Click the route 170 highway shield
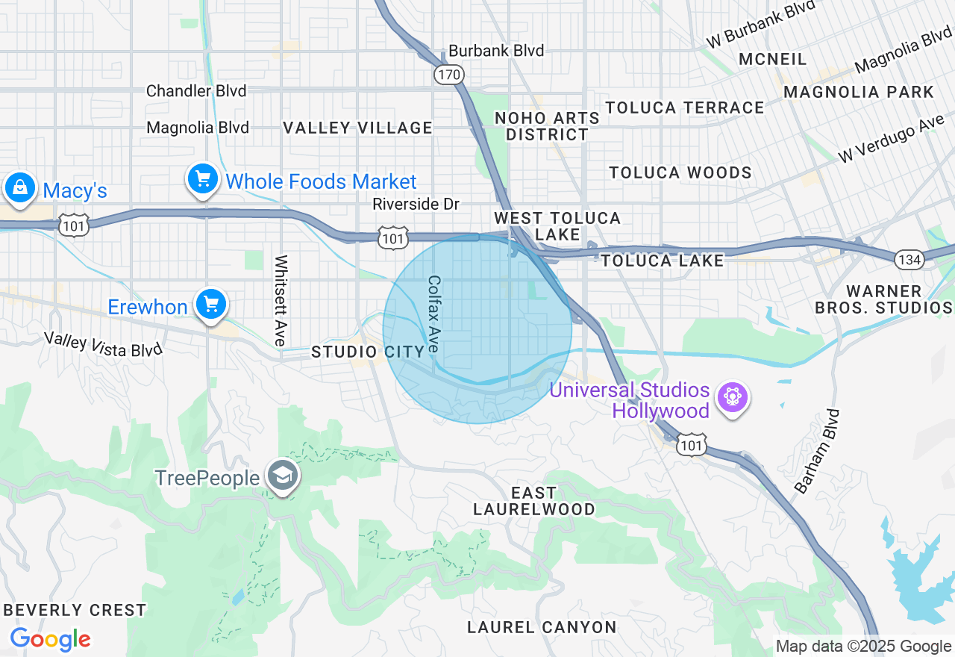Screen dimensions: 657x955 click(x=449, y=75)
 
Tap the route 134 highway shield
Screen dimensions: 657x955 click(x=909, y=259)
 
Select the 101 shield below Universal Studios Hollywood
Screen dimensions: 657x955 click(x=691, y=444)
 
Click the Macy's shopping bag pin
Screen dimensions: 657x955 click(x=20, y=187)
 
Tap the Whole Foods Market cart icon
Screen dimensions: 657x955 click(x=202, y=179)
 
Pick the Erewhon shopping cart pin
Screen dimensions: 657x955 click(x=211, y=304)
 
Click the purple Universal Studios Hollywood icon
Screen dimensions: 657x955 click(x=731, y=396)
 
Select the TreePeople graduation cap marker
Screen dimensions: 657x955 click(x=284, y=475)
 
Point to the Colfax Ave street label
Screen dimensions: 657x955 click(x=434, y=314)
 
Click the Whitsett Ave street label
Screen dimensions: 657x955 click(x=281, y=301)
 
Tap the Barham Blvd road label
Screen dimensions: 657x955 click(x=817, y=451)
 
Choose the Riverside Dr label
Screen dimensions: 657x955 click(x=416, y=204)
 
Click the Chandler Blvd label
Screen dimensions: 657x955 click(x=196, y=91)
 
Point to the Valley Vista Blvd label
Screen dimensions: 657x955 click(x=103, y=344)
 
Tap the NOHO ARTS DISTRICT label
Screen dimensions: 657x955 click(x=547, y=126)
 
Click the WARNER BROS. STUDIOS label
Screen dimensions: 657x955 click(x=883, y=299)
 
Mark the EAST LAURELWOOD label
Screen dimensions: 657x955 click(x=533, y=501)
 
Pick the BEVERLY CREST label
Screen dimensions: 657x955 click(x=75, y=610)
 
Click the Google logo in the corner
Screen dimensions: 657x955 click(x=50, y=639)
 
